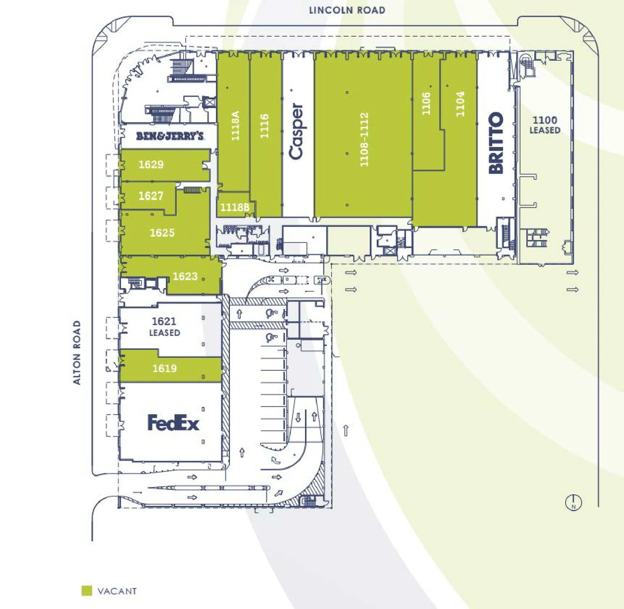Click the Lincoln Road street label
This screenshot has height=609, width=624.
(x=347, y=10)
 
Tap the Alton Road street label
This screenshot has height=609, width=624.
(x=77, y=353)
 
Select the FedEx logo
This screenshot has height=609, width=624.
(x=173, y=423)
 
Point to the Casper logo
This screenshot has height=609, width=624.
(x=296, y=131)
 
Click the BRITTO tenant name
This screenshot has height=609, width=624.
(x=496, y=143)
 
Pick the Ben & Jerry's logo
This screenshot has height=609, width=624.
(x=170, y=136)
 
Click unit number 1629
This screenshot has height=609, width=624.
(x=151, y=164)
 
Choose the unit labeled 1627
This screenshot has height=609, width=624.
(x=151, y=196)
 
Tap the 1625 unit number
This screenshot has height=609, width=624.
(x=162, y=233)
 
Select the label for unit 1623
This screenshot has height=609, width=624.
(x=185, y=276)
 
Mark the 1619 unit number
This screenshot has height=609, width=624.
(x=165, y=368)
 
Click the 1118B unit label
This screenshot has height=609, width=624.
(x=235, y=207)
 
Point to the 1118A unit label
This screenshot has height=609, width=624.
(x=235, y=126)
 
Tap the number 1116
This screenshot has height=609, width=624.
(x=264, y=126)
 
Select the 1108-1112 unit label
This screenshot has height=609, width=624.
(x=364, y=139)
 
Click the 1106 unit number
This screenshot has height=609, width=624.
(x=426, y=104)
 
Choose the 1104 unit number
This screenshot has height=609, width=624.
(x=460, y=104)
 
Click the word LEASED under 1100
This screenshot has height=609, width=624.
(x=545, y=130)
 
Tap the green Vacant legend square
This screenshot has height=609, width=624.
(x=87, y=591)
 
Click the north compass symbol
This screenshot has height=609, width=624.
(x=573, y=503)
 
